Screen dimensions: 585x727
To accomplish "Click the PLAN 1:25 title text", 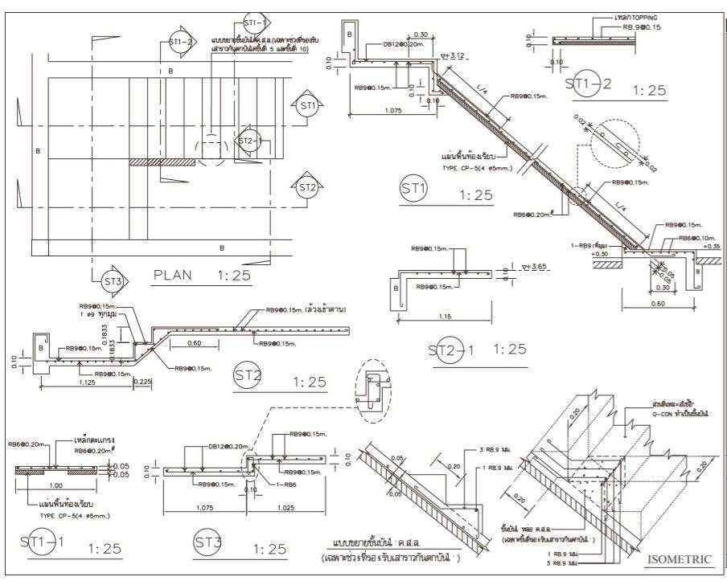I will pyautogui.click(x=202, y=275).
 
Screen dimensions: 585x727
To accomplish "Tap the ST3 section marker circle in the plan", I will pyautogui.click(x=113, y=280).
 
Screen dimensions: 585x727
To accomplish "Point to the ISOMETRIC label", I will pyautogui.click(x=680, y=557).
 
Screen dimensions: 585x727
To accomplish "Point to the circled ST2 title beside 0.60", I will pyautogui.click(x=248, y=374).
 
